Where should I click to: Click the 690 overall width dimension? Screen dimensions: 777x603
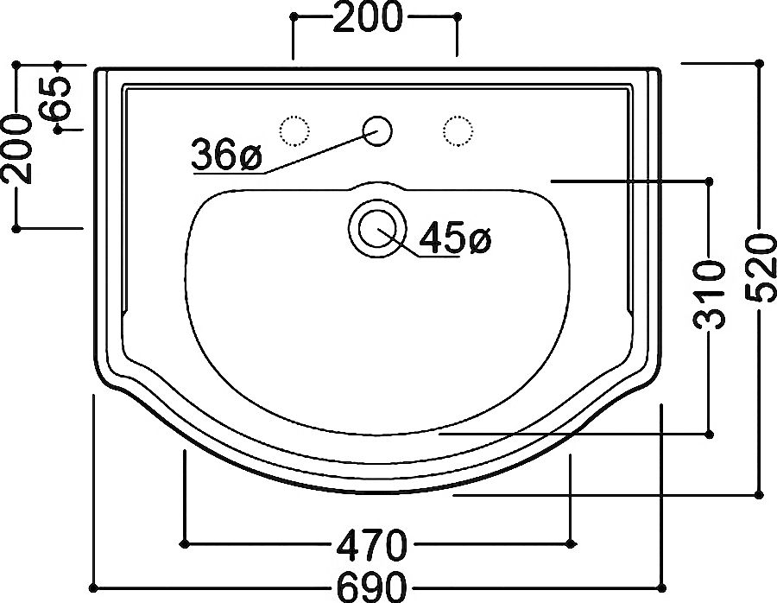pyautogui.click(x=371, y=587)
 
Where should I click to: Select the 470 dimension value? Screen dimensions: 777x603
pyautogui.click(x=371, y=545)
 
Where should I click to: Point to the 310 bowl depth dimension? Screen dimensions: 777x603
pyautogui.click(x=709, y=295)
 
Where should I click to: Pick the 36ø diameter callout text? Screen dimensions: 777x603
pyautogui.click(x=226, y=155)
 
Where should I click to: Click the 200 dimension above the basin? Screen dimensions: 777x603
pyautogui.click(x=367, y=17)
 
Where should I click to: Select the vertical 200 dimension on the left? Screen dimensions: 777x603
pyautogui.click(x=17, y=149)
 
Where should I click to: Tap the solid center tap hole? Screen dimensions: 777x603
pyautogui.click(x=377, y=131)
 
